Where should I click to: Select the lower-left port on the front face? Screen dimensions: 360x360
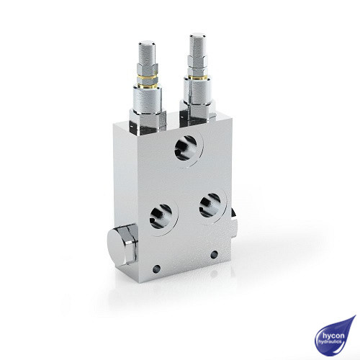(162, 214)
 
